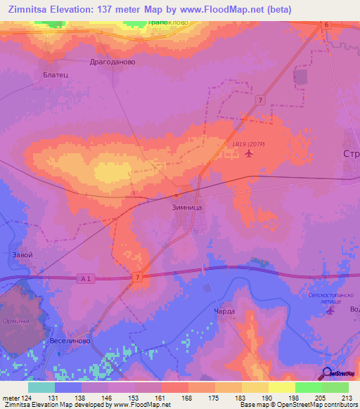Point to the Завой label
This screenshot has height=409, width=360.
click(x=22, y=254)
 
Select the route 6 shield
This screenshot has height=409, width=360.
click(x=326, y=25)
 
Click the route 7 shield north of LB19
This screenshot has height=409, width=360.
click(x=260, y=100)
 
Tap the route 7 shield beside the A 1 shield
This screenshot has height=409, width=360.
click(x=139, y=279)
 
